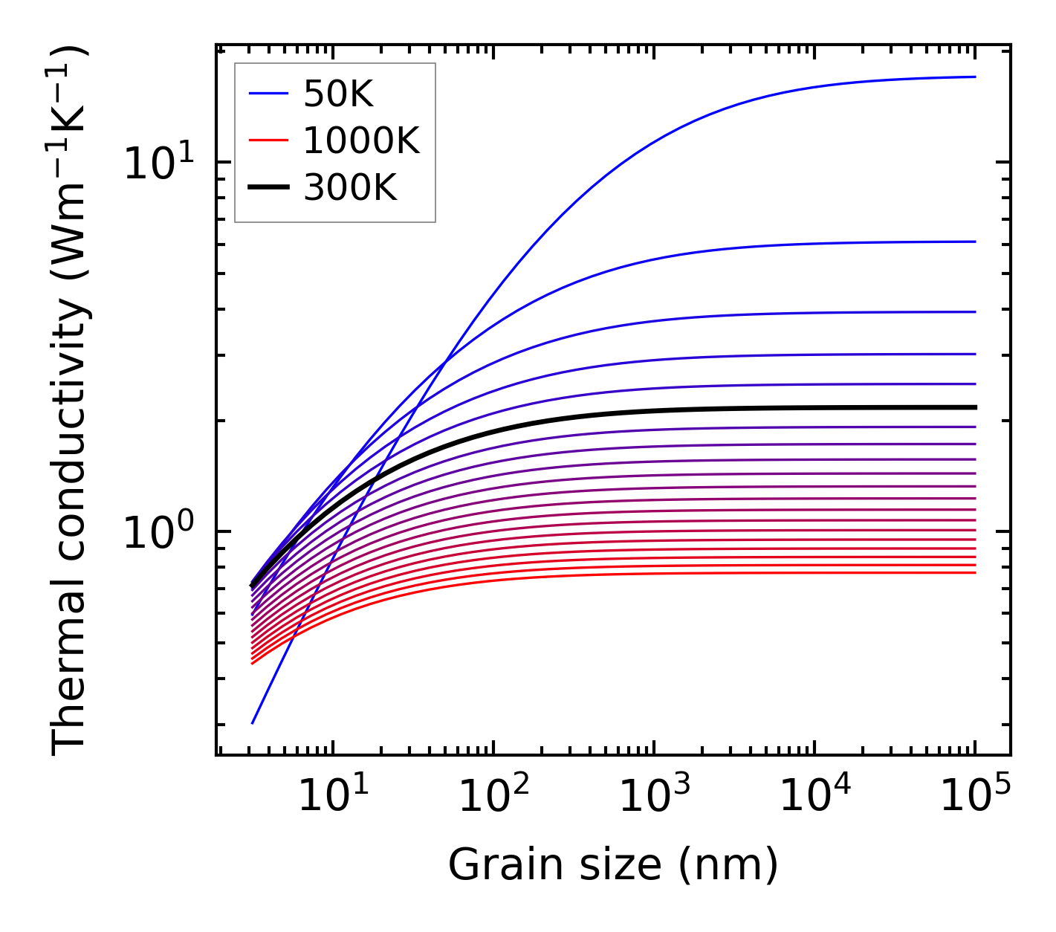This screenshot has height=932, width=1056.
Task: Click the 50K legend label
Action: tap(337, 94)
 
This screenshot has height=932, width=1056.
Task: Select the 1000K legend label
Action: tap(361, 140)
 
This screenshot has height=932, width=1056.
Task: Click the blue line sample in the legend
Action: tap(268, 94)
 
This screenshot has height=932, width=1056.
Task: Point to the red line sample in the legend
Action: tap(268, 140)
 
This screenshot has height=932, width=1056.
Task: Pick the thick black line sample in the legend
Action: tap(268, 188)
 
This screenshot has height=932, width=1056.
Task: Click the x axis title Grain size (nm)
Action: tap(613, 866)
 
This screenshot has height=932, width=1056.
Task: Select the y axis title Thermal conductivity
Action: tap(70, 401)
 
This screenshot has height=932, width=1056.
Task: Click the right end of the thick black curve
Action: tap(975, 407)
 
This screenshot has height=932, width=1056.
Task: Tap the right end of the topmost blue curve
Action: tap(975, 77)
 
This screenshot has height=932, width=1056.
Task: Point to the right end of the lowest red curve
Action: tap(975, 572)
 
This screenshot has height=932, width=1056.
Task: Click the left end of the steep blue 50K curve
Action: tap(253, 723)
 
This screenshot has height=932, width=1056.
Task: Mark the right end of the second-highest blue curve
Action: tap(975, 242)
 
